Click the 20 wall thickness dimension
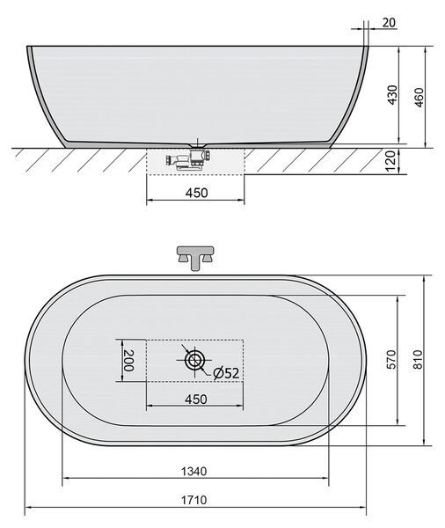389,23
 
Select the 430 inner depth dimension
392,95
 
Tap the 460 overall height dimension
419,98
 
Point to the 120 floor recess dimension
390,161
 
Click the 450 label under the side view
197,193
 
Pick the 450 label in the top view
196,400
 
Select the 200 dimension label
128,360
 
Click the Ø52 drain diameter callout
226,373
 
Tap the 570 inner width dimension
391,359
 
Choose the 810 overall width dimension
418,359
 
